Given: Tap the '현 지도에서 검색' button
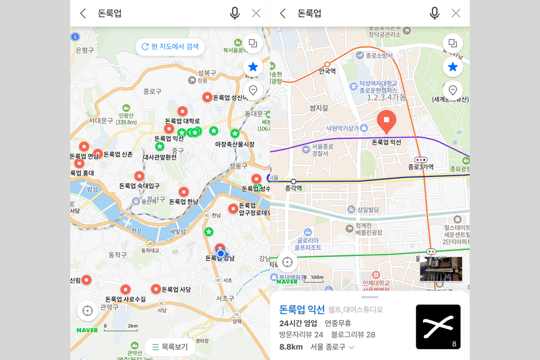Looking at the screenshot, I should pos(170,47).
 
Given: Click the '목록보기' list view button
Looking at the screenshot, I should pos(170,347).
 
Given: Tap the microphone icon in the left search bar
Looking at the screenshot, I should pos(235,13).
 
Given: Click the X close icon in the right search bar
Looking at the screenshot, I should pos(456,13).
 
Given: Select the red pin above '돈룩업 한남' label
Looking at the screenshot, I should pos(184,192).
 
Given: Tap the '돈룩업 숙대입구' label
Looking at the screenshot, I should pos(139,186).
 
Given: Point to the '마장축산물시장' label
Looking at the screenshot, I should pos(235,145).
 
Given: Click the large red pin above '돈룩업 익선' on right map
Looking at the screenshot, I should pos(387,121).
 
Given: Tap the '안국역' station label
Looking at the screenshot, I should pos(327,71).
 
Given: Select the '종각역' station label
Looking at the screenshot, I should pos(293,188).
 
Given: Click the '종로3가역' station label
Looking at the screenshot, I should pos(421,167).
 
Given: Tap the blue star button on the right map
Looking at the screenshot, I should pos(453,67).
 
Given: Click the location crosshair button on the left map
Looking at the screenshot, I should pos(88,311).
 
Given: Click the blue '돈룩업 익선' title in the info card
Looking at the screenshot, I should pos(302,310).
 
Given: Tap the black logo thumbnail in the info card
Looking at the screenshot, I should pos(438,327).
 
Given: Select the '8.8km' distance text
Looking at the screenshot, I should pos(292,347).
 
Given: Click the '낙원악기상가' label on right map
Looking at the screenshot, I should pos(343,128).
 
